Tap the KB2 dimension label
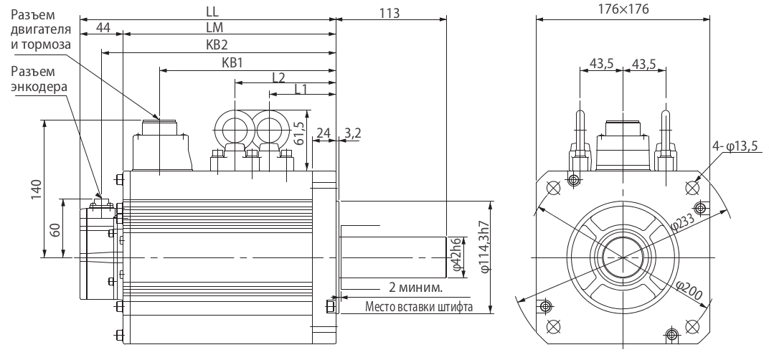[x=218, y=44]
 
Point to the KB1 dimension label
[x=233, y=63]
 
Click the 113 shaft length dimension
[x=390, y=12]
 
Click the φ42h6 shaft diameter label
[x=455, y=257]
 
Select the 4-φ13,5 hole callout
[x=735, y=147]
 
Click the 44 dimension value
[x=103, y=27]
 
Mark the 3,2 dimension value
[x=352, y=133]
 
